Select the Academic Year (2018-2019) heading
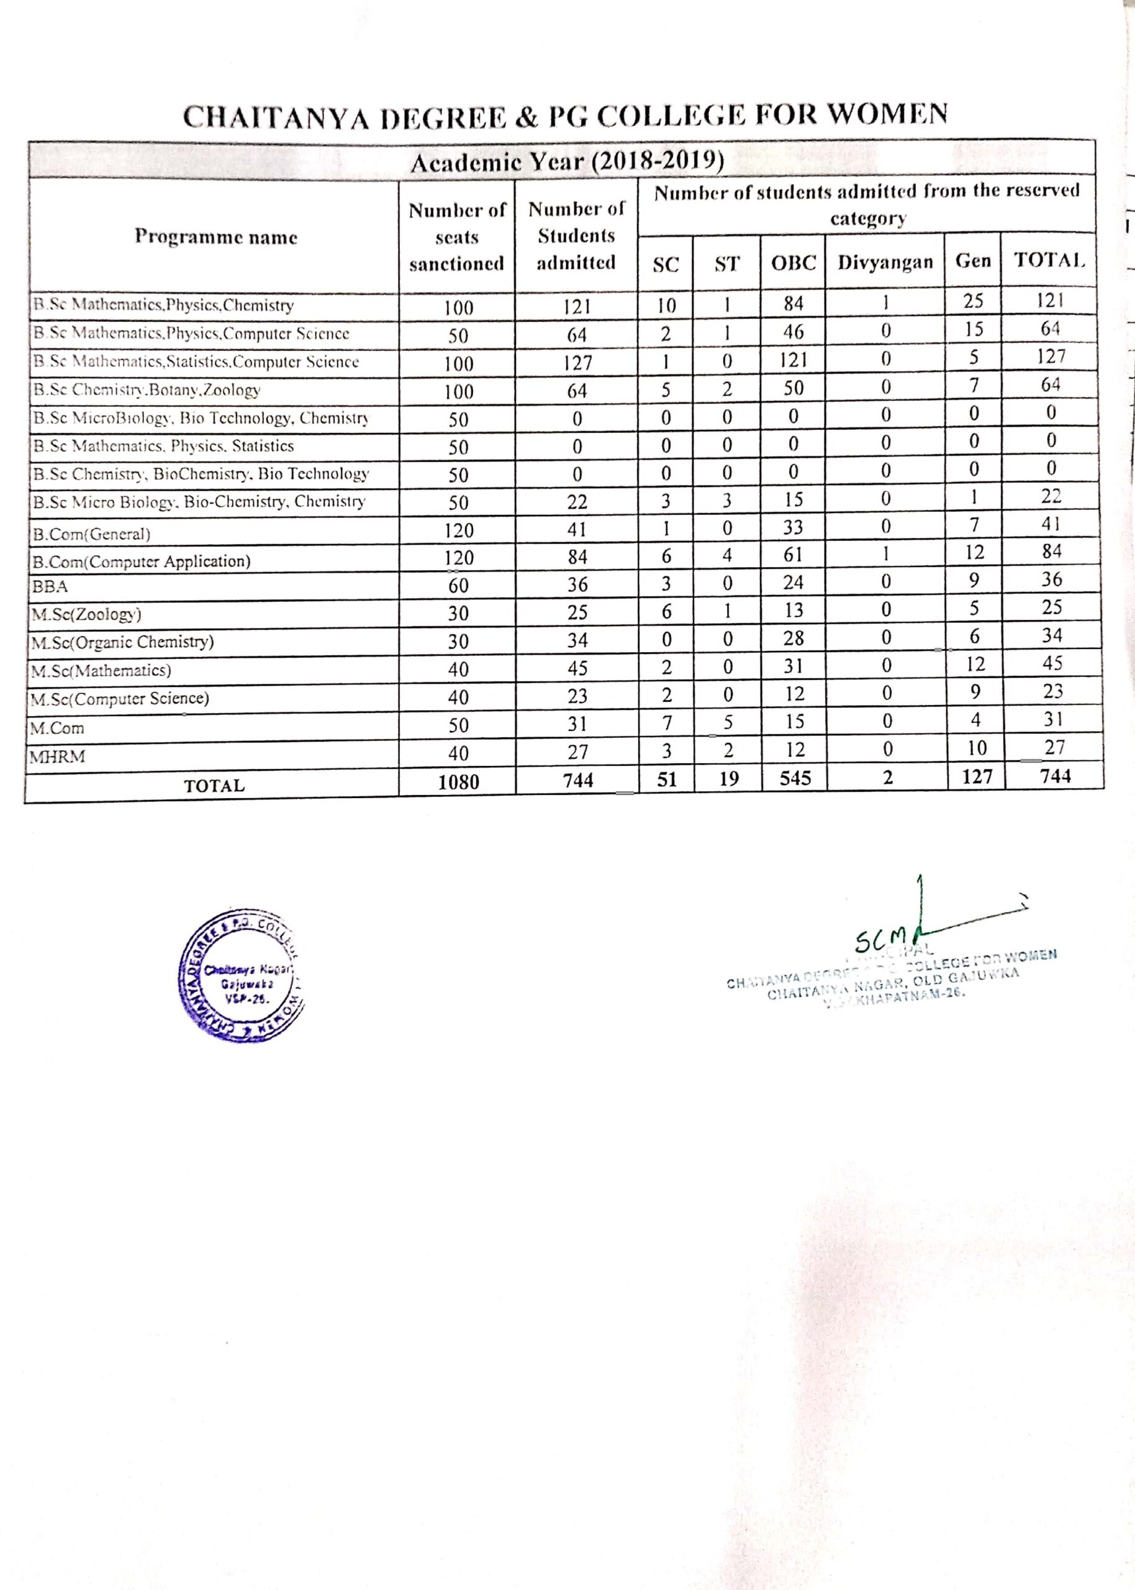(566, 163)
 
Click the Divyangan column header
(885, 262)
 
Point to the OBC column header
(794, 263)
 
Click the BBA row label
(50, 586)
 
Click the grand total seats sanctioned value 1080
(458, 782)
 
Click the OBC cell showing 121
(794, 360)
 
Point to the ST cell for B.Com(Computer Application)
(727, 556)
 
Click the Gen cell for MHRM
(976, 748)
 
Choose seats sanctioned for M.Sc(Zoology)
(458, 614)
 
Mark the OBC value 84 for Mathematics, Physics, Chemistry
(794, 303)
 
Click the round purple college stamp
(241, 976)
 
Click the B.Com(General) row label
(91, 535)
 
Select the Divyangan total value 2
(887, 777)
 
